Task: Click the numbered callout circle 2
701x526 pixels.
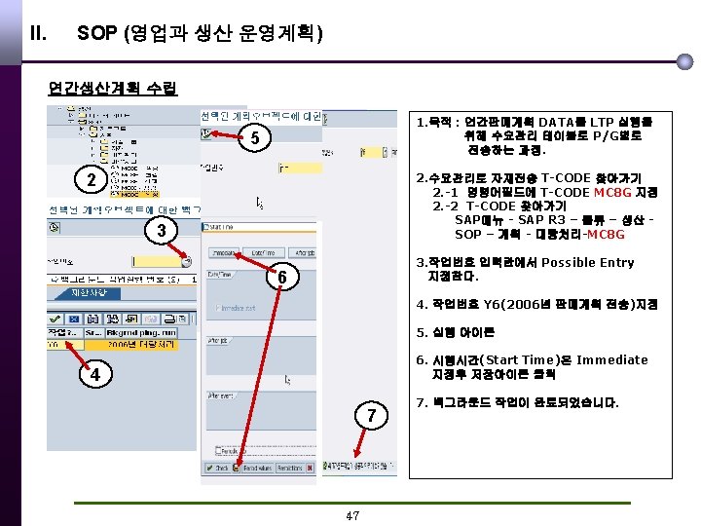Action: pyautogui.click(x=91, y=181)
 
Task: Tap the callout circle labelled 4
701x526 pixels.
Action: pyautogui.click(x=94, y=374)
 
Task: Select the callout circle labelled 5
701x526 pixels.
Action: pyautogui.click(x=253, y=139)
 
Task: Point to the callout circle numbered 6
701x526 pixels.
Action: pyautogui.click(x=280, y=279)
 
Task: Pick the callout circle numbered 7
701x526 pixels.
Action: pyautogui.click(x=370, y=417)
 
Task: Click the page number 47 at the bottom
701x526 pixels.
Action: pyautogui.click(x=352, y=515)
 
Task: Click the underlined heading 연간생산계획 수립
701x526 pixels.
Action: pyautogui.click(x=113, y=89)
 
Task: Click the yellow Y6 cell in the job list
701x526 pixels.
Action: pyautogui.click(x=55, y=344)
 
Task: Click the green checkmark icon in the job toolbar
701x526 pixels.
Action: pyautogui.click(x=55, y=318)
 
